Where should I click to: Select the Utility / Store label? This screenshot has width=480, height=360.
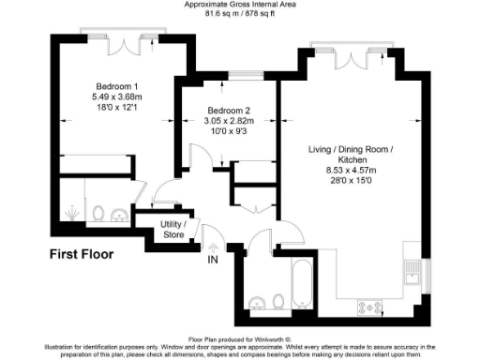pos(173,229)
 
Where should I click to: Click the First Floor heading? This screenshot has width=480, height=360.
pos(82,254)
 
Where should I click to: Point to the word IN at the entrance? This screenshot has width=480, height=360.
pos(212,259)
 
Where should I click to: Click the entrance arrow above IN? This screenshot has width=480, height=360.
pos(212,247)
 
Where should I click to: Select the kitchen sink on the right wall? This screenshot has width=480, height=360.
pos(413,273)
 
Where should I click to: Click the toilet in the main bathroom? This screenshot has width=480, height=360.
pos(278,301)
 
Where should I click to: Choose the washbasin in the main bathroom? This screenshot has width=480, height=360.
pos(256,302)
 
